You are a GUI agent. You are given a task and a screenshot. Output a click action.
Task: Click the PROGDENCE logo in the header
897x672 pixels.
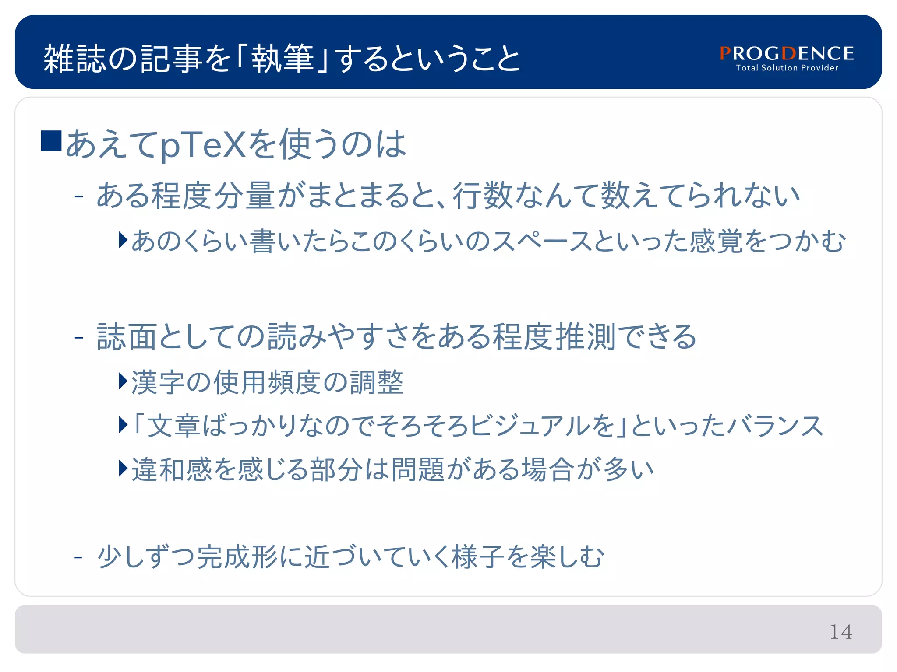pyautogui.click(x=787, y=53)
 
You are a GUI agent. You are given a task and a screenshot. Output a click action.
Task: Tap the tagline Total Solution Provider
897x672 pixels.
pyautogui.click(x=787, y=68)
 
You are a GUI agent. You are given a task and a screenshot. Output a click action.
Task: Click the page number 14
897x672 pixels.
pyautogui.click(x=841, y=632)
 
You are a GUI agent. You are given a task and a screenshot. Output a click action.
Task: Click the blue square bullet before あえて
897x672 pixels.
pyautogui.click(x=51, y=141)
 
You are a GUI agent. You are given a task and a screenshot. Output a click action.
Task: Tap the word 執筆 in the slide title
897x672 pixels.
pyautogui.click(x=283, y=59)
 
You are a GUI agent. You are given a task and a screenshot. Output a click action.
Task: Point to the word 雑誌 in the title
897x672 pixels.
pyautogui.click(x=75, y=59)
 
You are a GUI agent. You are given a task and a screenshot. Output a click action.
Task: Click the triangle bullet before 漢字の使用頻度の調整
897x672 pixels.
pyautogui.click(x=123, y=381)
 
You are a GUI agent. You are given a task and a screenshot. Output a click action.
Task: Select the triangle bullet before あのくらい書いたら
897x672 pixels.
pyautogui.click(x=123, y=240)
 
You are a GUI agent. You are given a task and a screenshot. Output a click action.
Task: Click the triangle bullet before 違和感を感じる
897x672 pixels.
pyautogui.click(x=123, y=469)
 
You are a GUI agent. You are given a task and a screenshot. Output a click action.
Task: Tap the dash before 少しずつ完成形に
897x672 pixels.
pyautogui.click(x=79, y=557)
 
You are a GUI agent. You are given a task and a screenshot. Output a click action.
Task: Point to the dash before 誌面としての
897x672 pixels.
pyautogui.click(x=79, y=337)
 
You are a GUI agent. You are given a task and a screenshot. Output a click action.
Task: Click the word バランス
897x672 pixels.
pyautogui.click(x=775, y=426)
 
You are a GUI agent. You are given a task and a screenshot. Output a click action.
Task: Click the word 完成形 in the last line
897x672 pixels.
pyautogui.click(x=238, y=557)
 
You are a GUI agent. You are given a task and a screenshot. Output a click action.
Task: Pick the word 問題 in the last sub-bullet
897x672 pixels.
pyautogui.click(x=418, y=469)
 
